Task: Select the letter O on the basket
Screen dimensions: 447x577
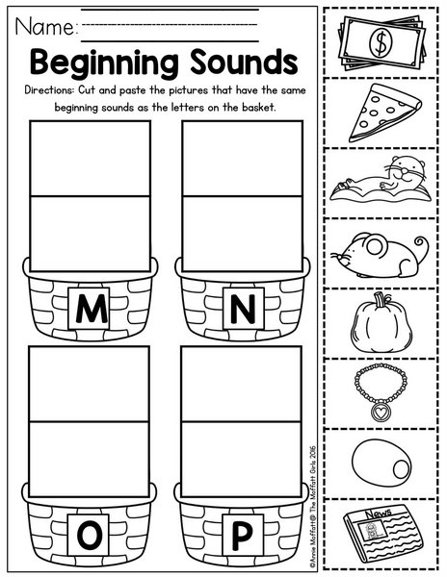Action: click(x=89, y=535)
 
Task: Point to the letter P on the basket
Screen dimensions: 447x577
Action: click(x=243, y=535)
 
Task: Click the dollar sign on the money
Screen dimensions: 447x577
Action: click(x=381, y=43)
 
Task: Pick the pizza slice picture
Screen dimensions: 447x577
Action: click(x=383, y=113)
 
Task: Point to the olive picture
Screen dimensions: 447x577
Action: click(x=381, y=462)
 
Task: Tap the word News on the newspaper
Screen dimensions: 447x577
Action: click(x=379, y=513)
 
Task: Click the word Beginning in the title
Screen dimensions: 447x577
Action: click(x=107, y=63)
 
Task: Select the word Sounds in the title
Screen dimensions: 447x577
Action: click(x=244, y=62)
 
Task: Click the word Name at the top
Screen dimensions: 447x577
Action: click(x=44, y=27)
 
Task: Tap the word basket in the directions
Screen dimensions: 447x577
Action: click(x=258, y=108)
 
